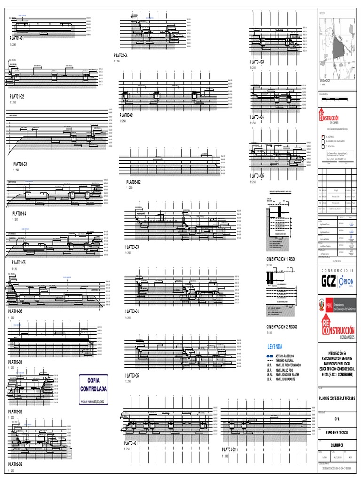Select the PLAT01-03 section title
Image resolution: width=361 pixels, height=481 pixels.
point(20,164)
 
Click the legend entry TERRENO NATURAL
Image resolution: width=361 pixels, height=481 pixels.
point(288,360)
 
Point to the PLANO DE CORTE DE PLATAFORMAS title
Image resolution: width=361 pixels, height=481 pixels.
point(335,398)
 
